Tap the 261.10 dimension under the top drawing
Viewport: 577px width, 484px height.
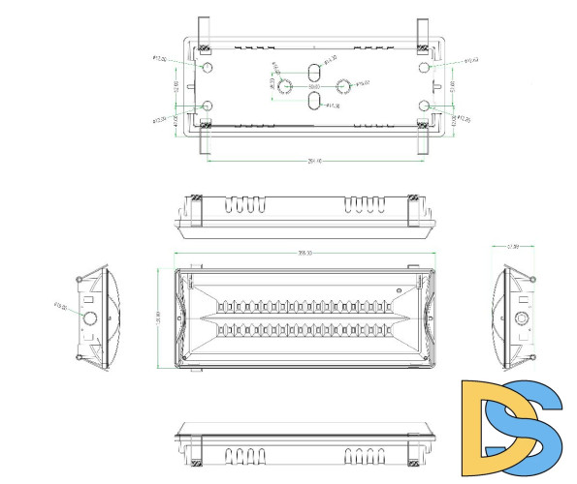tap(313, 161)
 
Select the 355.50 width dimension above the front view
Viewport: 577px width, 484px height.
tap(305, 254)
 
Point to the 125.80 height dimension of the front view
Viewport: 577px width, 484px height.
tap(158, 318)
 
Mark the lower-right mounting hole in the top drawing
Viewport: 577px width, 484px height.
tap(425, 106)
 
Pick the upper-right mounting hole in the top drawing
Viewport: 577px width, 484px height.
tap(425, 69)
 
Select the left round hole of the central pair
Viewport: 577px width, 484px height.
tap(286, 86)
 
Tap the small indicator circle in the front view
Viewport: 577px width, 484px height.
tap(399, 289)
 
